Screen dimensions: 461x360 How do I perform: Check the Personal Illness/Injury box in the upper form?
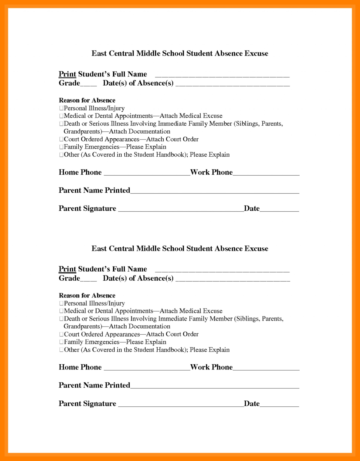click(61, 108)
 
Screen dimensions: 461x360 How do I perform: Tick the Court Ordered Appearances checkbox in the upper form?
click(61, 139)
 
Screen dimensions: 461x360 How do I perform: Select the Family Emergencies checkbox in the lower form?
click(61, 342)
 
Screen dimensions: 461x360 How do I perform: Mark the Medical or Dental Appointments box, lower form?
click(61, 311)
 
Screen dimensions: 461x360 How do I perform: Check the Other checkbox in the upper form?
click(61, 155)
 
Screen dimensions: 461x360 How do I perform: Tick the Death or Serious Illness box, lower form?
click(61, 319)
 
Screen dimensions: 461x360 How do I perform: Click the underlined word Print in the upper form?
click(67, 74)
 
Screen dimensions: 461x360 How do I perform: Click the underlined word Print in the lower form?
click(67, 269)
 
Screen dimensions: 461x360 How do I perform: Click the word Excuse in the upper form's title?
click(256, 53)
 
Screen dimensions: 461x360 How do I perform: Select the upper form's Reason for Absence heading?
click(87, 100)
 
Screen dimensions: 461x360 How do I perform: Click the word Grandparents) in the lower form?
click(83, 327)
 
